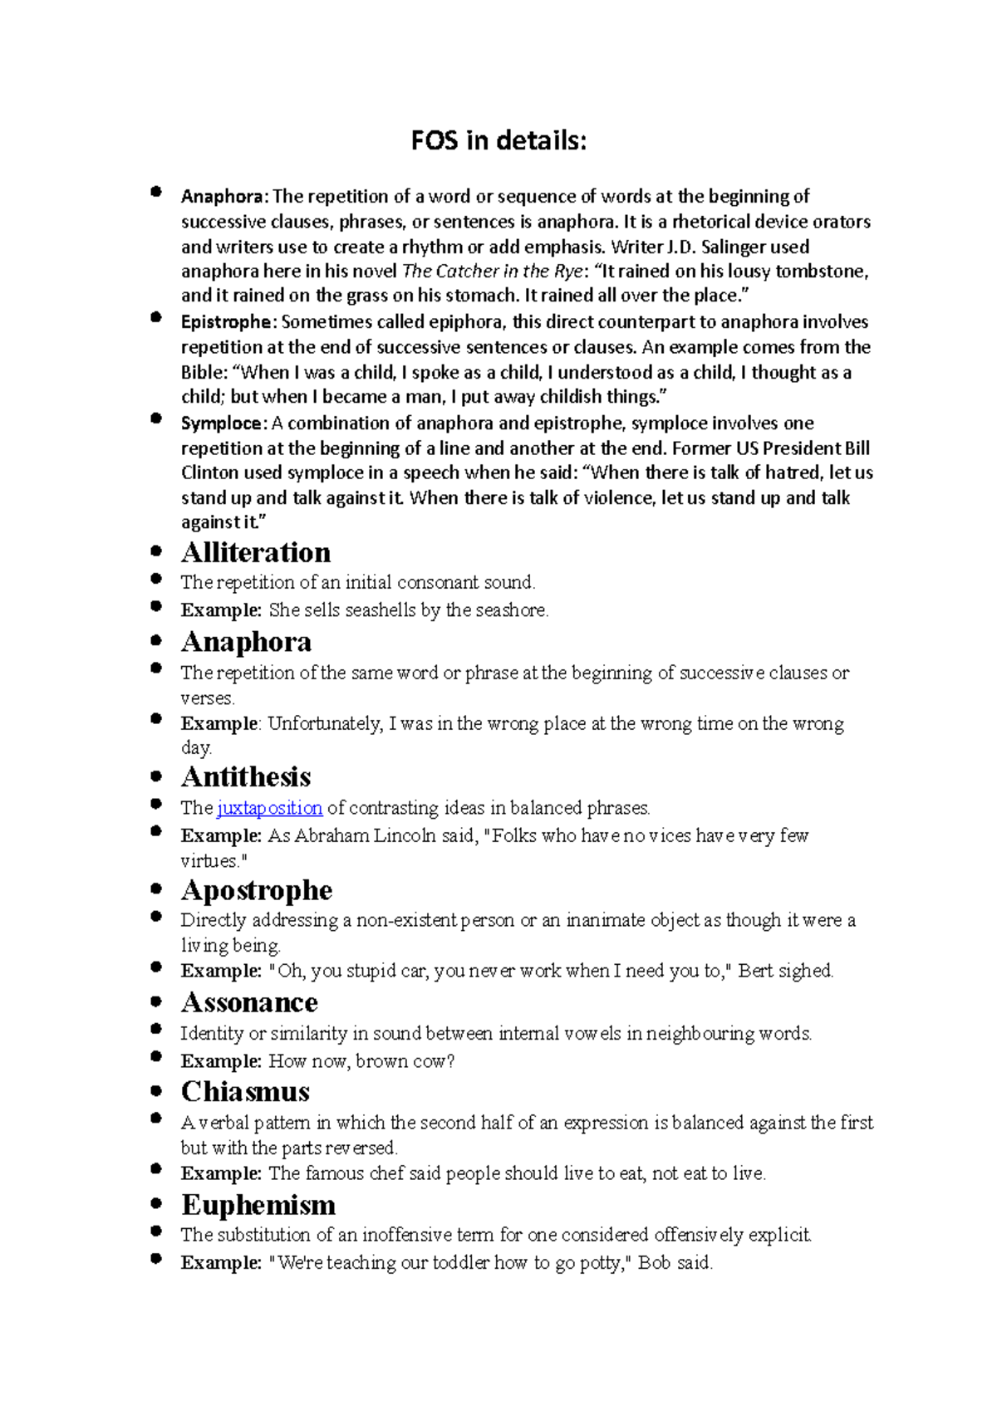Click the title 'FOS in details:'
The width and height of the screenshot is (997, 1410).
coord(498,141)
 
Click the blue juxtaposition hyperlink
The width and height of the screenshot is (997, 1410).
coord(269,808)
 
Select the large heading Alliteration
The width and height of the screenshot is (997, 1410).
coord(256,553)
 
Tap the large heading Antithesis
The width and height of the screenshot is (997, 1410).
coord(246,777)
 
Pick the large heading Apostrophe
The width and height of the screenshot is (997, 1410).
coord(257,890)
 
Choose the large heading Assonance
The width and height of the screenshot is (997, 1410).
coord(249,1003)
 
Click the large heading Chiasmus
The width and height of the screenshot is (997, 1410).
coord(245,1092)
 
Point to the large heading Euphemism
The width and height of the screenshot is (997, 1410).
coord(258,1205)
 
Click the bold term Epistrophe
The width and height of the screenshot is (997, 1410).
coord(226,322)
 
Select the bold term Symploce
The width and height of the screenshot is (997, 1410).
coord(222,423)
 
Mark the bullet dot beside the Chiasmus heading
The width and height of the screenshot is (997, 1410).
coord(156,1090)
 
